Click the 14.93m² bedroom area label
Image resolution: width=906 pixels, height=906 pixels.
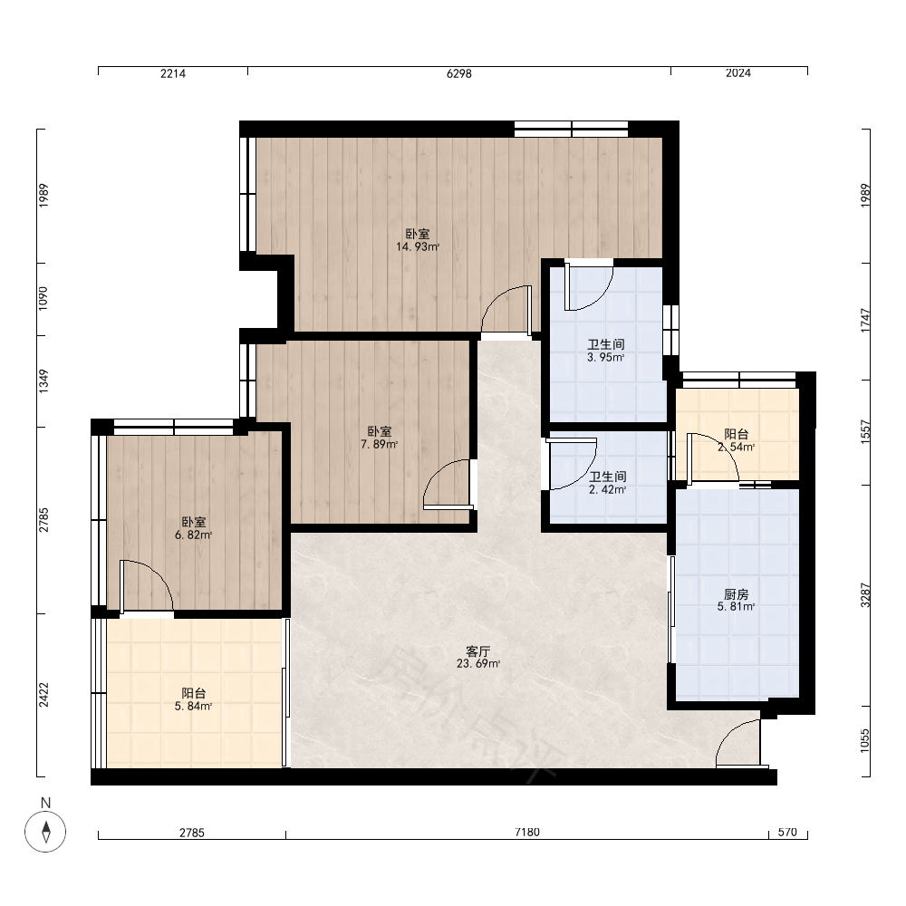(417, 240)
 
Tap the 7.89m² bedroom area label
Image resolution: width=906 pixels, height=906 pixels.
(379, 438)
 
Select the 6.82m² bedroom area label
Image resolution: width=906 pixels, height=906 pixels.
(194, 529)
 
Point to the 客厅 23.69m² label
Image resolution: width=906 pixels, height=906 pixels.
(478, 658)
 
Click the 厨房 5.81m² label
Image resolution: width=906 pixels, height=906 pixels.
(736, 601)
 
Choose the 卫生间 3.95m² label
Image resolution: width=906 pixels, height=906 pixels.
(606, 351)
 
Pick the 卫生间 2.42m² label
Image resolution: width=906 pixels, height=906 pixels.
(607, 483)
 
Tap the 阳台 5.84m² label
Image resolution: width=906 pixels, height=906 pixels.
(194, 699)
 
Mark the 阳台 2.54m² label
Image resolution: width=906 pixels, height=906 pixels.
(736, 440)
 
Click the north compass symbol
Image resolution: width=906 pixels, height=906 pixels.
(45, 832)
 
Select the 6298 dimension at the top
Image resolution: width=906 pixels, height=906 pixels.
(459, 73)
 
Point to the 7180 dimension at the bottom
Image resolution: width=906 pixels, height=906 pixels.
(527, 832)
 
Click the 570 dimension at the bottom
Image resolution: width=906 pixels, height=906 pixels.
(787, 832)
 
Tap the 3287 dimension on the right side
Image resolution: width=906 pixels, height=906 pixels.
(865, 594)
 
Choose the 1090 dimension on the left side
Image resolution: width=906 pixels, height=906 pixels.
(43, 299)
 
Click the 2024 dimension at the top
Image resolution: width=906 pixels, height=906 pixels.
(737, 72)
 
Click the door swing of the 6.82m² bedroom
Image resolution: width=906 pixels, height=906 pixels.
(146, 586)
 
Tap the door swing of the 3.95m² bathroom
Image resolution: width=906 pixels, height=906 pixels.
(588, 287)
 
